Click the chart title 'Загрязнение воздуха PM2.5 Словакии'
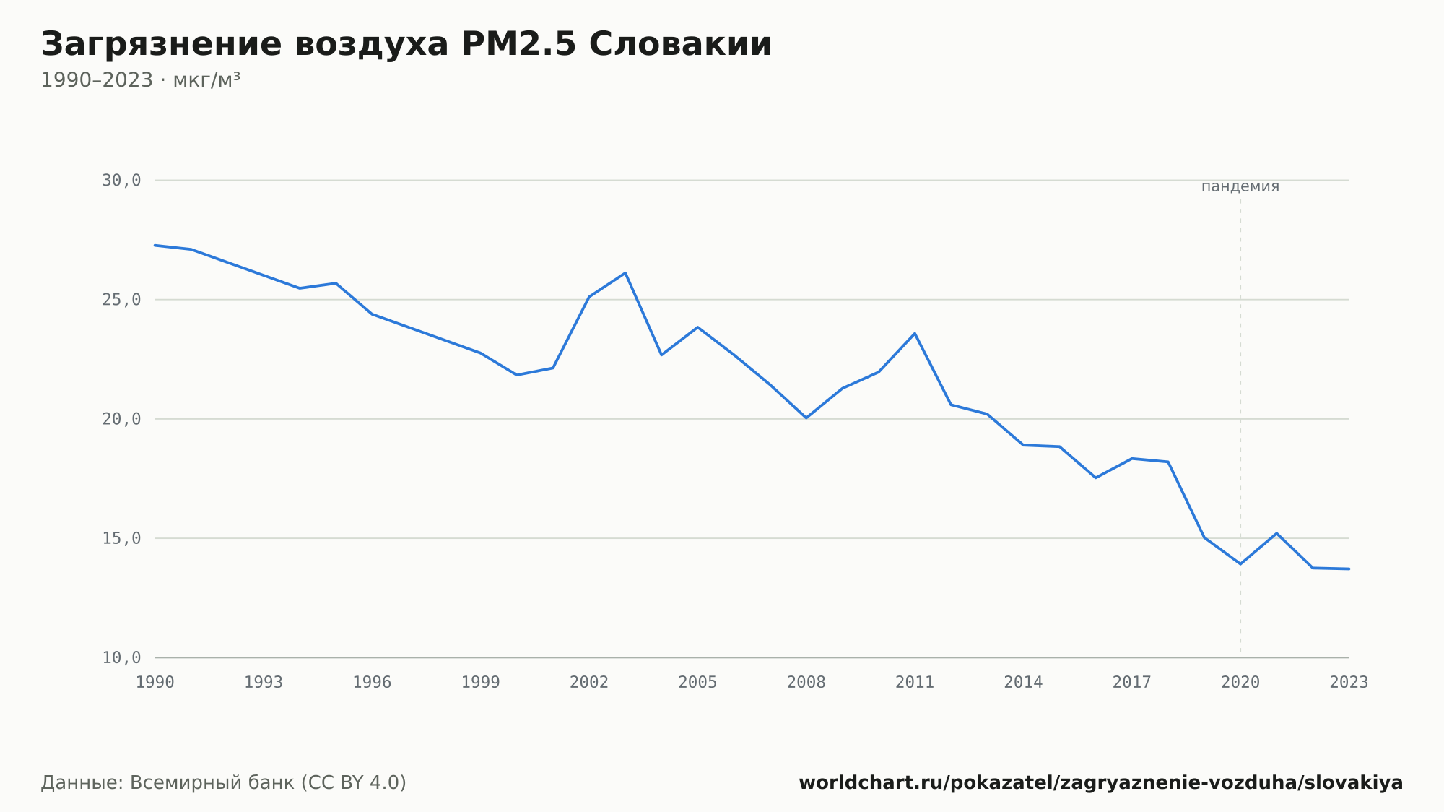[406, 44]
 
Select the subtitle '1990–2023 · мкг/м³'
[141, 80]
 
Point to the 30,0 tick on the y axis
[121, 181]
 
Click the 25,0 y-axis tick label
[121, 300]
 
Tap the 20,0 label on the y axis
[121, 419]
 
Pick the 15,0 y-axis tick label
[121, 538]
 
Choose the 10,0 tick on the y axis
[121, 657]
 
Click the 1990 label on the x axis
[155, 683]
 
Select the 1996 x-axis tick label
[372, 683]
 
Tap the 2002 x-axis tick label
[589, 683]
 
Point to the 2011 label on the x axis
[915, 683]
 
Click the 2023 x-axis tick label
[1349, 683]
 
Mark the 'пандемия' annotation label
[1240, 186]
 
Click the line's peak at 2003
[625, 273]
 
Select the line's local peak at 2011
[915, 334]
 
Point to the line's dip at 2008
[806, 418]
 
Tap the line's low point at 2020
[1240, 563]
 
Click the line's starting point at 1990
[155, 246]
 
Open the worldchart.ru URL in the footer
[1101, 783]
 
